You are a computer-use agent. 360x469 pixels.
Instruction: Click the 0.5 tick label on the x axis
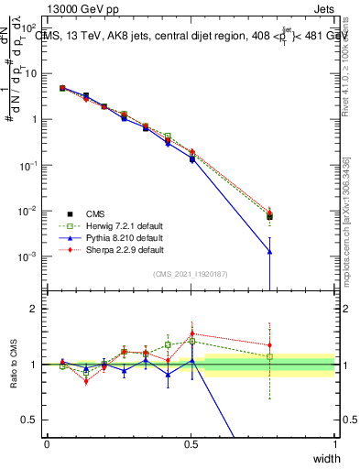point(191,444)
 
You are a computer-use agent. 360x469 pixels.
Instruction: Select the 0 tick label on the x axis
point(47,444)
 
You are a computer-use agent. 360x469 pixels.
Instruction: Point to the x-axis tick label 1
point(335,444)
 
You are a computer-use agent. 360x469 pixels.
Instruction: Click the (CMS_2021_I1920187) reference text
point(191,274)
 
